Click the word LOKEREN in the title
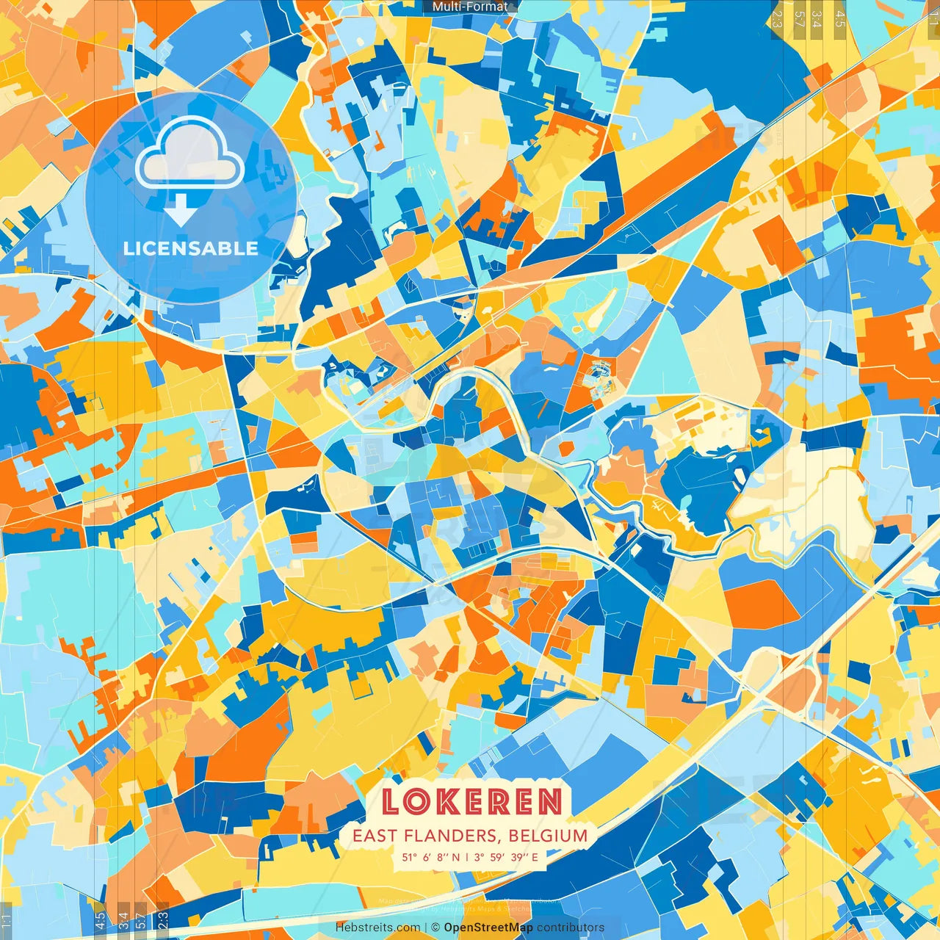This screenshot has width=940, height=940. click(471, 801)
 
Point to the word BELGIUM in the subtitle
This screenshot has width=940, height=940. click(548, 836)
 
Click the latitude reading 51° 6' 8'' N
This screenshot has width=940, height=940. click(431, 857)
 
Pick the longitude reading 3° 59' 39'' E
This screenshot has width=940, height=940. click(507, 857)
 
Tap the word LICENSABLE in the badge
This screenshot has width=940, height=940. click(191, 248)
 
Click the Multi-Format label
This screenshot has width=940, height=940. click(470, 7)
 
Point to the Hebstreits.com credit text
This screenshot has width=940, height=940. click(378, 928)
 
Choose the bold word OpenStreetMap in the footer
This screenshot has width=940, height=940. click(488, 928)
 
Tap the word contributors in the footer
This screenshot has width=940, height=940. click(571, 928)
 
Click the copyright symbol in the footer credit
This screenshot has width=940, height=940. click(435, 928)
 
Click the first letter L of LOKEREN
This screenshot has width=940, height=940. click(391, 801)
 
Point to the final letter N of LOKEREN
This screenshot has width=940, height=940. click(550, 801)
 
